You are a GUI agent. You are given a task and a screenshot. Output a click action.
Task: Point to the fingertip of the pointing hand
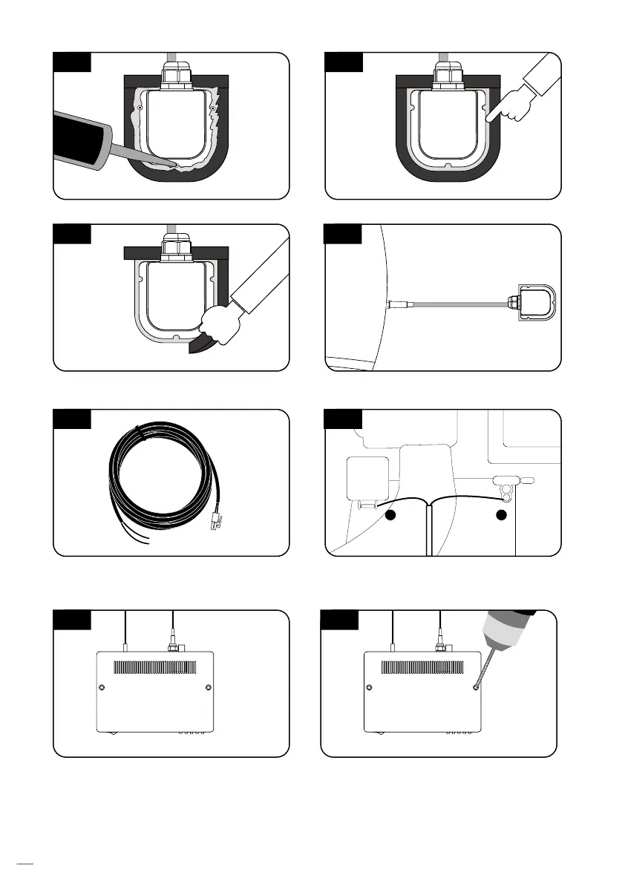point(488,117)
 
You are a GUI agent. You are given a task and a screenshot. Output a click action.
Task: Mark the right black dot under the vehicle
point(501,514)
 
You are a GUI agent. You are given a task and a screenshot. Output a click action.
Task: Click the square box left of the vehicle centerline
point(368,478)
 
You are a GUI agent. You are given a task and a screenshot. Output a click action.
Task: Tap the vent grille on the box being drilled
point(424,668)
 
